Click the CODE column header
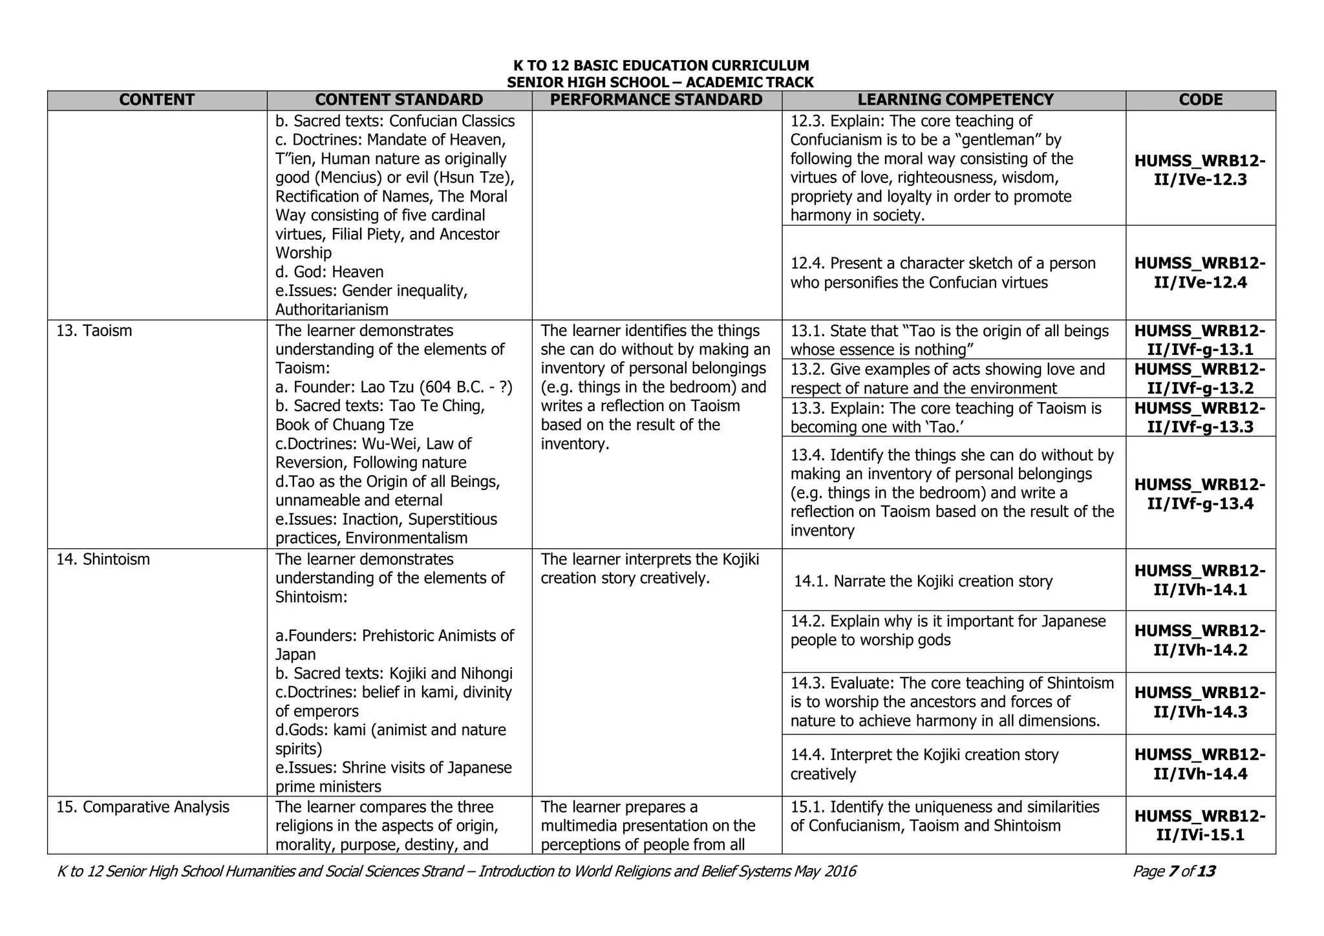tap(1200, 100)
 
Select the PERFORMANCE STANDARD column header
tap(656, 100)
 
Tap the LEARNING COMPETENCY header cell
tap(955, 100)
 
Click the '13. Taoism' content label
tap(94, 331)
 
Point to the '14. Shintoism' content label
tap(103, 559)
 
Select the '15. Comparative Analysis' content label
tap(143, 807)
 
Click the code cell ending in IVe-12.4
tap(1200, 273)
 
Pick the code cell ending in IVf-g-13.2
tap(1200, 379)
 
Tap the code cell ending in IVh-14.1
tap(1200, 580)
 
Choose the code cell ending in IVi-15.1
tap(1200, 825)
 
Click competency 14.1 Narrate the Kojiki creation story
tap(923, 582)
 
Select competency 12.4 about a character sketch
tap(943, 273)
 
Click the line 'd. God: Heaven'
tap(330, 272)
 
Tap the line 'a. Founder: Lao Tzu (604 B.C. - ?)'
tap(394, 387)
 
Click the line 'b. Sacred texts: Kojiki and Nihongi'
tap(394, 674)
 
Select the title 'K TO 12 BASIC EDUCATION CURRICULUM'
tap(661, 66)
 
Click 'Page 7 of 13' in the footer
tap(1174, 872)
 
